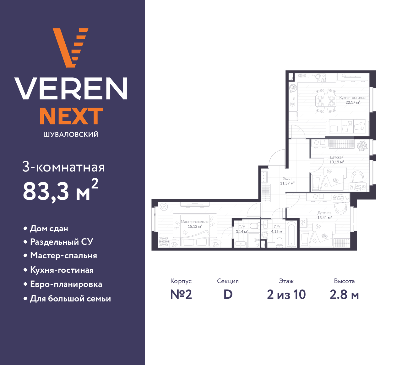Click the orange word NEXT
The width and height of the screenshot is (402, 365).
pyautogui.click(x=71, y=116)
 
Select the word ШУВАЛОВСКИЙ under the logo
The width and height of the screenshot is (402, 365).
pyautogui.click(x=71, y=134)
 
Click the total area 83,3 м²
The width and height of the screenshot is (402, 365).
pyautogui.click(x=61, y=190)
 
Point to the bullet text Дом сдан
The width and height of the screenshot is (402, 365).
pyautogui.click(x=49, y=228)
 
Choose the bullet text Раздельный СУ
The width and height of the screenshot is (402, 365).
pyautogui.click(x=62, y=242)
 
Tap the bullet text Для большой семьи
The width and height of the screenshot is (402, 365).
pyautogui.click(x=70, y=299)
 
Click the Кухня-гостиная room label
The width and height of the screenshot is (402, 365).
pyautogui.click(x=352, y=98)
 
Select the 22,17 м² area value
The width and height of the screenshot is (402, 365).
pyautogui.click(x=353, y=102)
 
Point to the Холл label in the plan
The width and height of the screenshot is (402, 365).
pyautogui.click(x=287, y=178)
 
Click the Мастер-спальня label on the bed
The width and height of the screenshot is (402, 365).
pyautogui.click(x=195, y=222)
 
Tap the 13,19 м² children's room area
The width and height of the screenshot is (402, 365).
pyautogui.click(x=337, y=162)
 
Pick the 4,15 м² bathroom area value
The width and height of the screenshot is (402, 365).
pyautogui.click(x=277, y=232)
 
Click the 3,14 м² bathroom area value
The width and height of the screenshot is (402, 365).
pyautogui.click(x=242, y=232)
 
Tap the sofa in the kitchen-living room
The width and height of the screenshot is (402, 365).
pyautogui.click(x=347, y=128)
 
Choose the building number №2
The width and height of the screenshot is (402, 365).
pyautogui.click(x=181, y=295)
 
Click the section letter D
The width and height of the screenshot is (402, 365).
pyautogui.click(x=228, y=295)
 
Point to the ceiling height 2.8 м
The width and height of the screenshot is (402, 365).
pyautogui.click(x=344, y=295)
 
